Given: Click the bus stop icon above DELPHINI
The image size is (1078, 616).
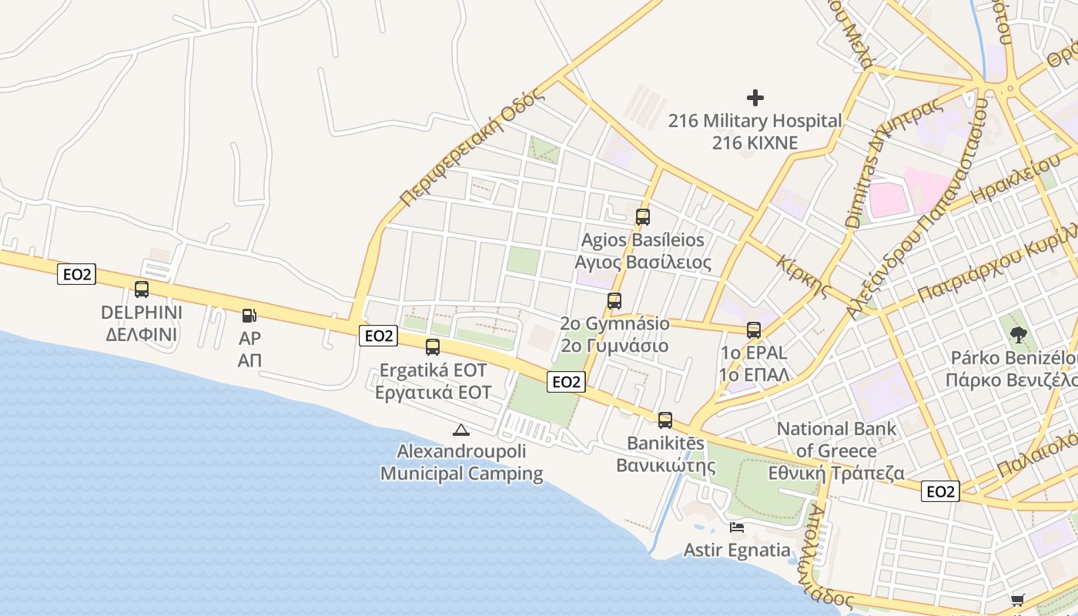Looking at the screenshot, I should [x=142, y=290].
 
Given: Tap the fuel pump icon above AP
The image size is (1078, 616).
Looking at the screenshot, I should [x=249, y=315].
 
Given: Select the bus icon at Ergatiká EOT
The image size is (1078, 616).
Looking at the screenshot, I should [x=433, y=347].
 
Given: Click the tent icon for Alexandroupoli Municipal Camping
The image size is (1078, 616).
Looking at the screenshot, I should [x=460, y=430].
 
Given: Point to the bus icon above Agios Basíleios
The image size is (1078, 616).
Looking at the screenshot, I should [x=643, y=217].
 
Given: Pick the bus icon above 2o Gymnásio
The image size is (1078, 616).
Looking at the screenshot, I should [x=614, y=301].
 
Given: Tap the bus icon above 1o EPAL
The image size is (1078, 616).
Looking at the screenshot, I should [x=753, y=330].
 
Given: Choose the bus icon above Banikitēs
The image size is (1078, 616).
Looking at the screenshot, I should [x=665, y=420].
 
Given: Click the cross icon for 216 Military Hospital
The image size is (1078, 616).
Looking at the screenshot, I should [x=755, y=98].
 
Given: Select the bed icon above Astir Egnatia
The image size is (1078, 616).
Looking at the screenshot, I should [x=737, y=527].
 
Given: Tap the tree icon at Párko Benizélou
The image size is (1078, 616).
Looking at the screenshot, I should [x=1019, y=334].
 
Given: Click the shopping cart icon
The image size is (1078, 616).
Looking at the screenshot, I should [x=1018, y=600].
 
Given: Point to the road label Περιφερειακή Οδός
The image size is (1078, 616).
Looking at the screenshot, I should [x=472, y=148].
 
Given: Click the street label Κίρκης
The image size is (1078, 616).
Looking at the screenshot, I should [x=802, y=276].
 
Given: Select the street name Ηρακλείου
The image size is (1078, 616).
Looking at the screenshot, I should [x=1016, y=179].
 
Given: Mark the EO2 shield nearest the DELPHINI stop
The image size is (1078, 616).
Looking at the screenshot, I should [x=76, y=274].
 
